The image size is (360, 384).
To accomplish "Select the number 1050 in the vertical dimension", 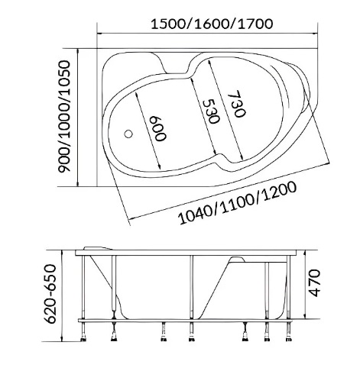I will click(x=67, y=80).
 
